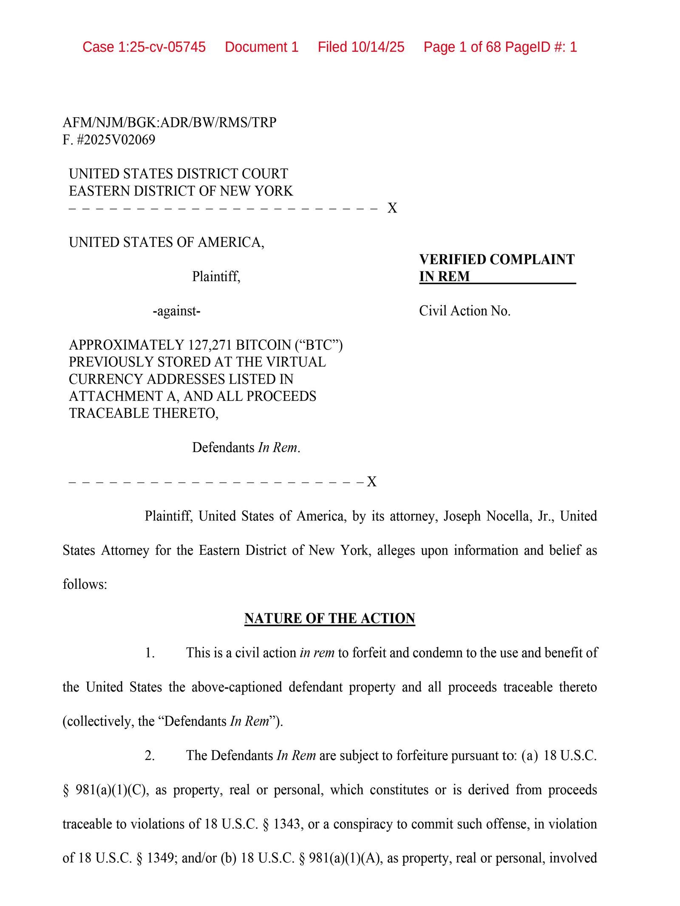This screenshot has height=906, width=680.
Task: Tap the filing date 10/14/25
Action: point(377,47)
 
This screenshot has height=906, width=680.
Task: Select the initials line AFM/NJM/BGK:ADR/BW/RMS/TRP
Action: point(169,122)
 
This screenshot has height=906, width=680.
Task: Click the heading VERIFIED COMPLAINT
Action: point(496,259)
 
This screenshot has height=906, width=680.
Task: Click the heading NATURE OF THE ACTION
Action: point(329,618)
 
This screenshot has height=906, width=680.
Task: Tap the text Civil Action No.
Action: point(465,311)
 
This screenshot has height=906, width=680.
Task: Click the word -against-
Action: point(176,311)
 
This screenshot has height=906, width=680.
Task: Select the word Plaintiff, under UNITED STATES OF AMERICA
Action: point(216,277)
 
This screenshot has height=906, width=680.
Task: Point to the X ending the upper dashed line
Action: point(392,208)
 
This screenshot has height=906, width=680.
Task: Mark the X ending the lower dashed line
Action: point(371,482)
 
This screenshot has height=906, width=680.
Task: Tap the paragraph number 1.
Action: point(150,652)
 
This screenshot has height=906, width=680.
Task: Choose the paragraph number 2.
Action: point(150,755)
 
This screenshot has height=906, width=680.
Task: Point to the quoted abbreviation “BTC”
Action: point(324,345)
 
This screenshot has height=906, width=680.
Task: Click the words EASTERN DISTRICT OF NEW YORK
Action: point(181,191)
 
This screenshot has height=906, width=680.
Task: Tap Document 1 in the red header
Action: point(261,47)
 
